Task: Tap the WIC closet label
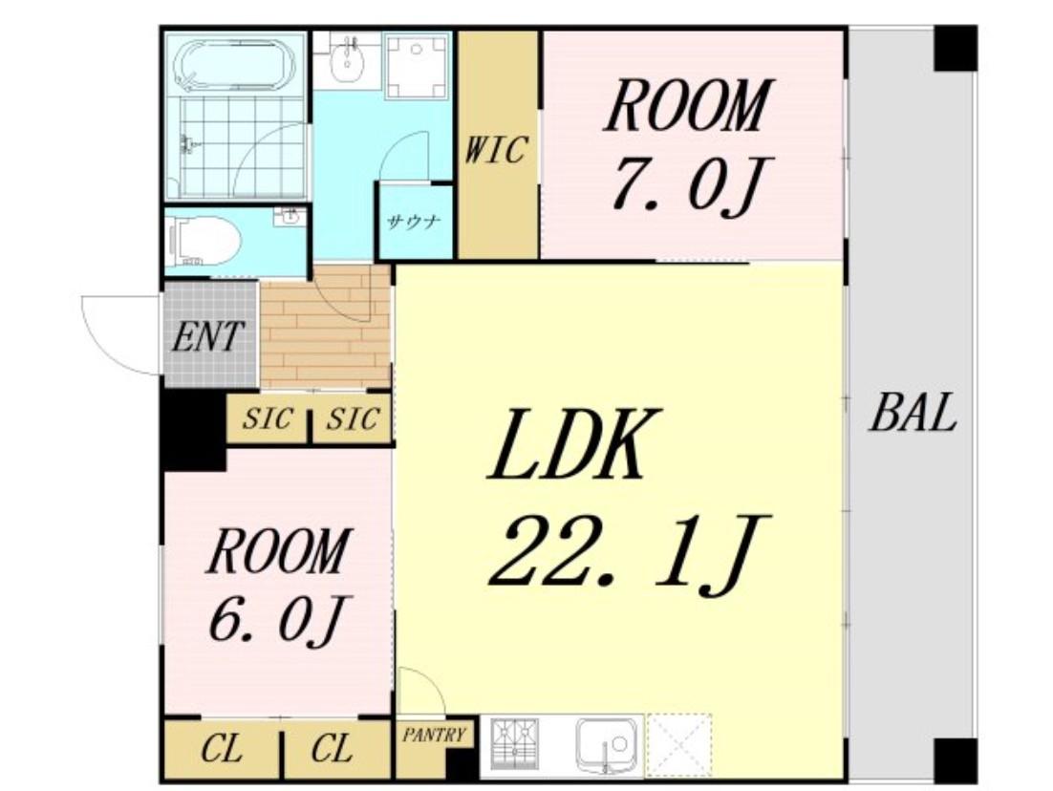[x=496, y=149]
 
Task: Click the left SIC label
[x=268, y=419]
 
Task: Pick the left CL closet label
[x=222, y=748]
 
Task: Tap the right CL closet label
[x=331, y=748]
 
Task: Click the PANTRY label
[x=434, y=735]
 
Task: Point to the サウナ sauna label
[x=414, y=222]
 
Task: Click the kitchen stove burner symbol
[x=514, y=744]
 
